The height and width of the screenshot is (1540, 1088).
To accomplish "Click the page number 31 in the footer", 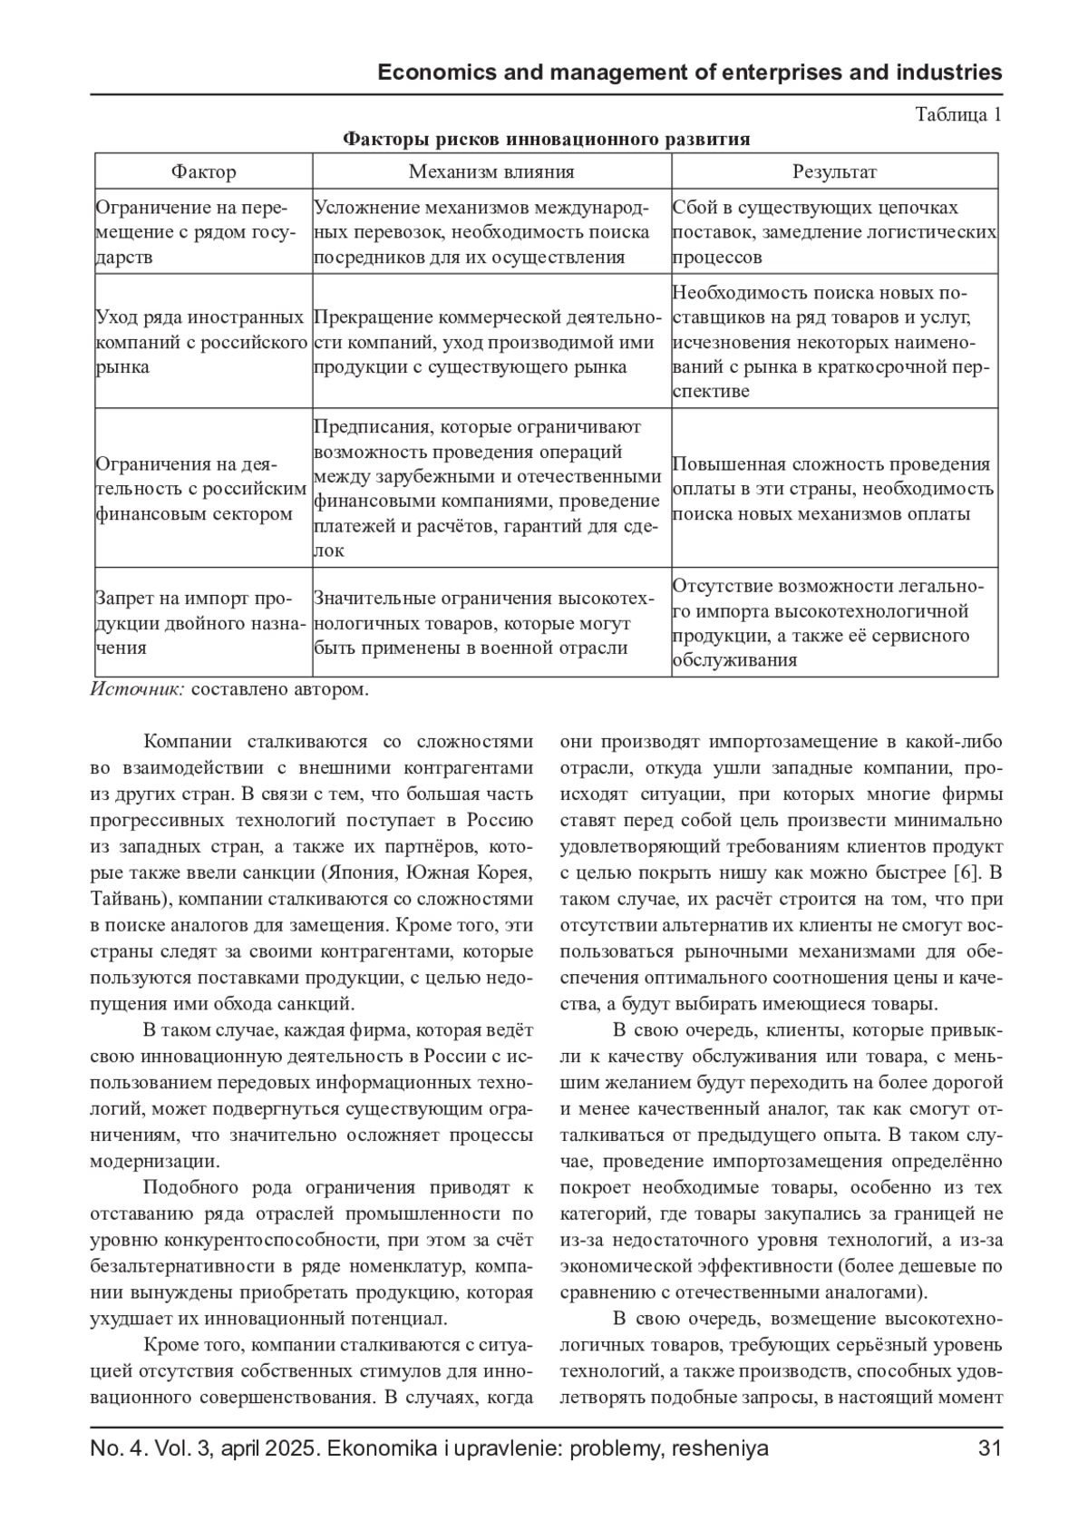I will point(990,1448).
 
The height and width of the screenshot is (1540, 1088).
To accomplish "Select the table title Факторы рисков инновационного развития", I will point(546,140).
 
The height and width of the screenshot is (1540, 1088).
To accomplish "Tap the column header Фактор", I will point(204,171).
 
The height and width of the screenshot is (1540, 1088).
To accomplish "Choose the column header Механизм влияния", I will point(491,171).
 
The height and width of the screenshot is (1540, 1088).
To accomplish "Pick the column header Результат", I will point(834,171).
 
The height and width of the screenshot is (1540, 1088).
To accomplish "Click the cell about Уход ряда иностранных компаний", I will point(201,343).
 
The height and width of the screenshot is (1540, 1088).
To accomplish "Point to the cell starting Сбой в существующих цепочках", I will point(834,232).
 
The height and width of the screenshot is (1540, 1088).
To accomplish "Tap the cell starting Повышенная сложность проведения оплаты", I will point(834,489).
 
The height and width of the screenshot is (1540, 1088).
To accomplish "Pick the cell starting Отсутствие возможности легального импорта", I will point(834,623).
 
